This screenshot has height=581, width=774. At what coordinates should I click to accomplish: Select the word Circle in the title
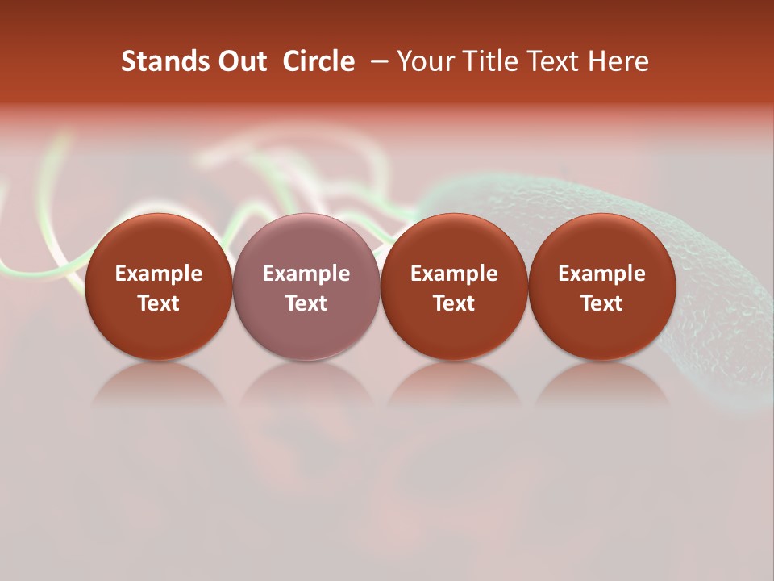318,61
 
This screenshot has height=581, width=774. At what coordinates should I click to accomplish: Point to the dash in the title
376,61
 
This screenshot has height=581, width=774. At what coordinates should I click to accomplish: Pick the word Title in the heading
485,61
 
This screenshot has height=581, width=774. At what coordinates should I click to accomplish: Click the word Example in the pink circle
306,274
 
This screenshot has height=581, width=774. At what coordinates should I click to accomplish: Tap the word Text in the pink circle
306,303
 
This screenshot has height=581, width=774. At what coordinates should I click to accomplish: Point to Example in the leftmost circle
159,274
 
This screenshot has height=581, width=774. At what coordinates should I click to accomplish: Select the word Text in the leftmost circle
159,303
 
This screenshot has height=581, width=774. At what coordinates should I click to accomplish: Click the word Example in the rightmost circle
601,274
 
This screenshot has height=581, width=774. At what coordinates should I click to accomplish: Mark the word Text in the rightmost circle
601,303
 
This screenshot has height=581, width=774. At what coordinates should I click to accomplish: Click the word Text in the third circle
454,303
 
